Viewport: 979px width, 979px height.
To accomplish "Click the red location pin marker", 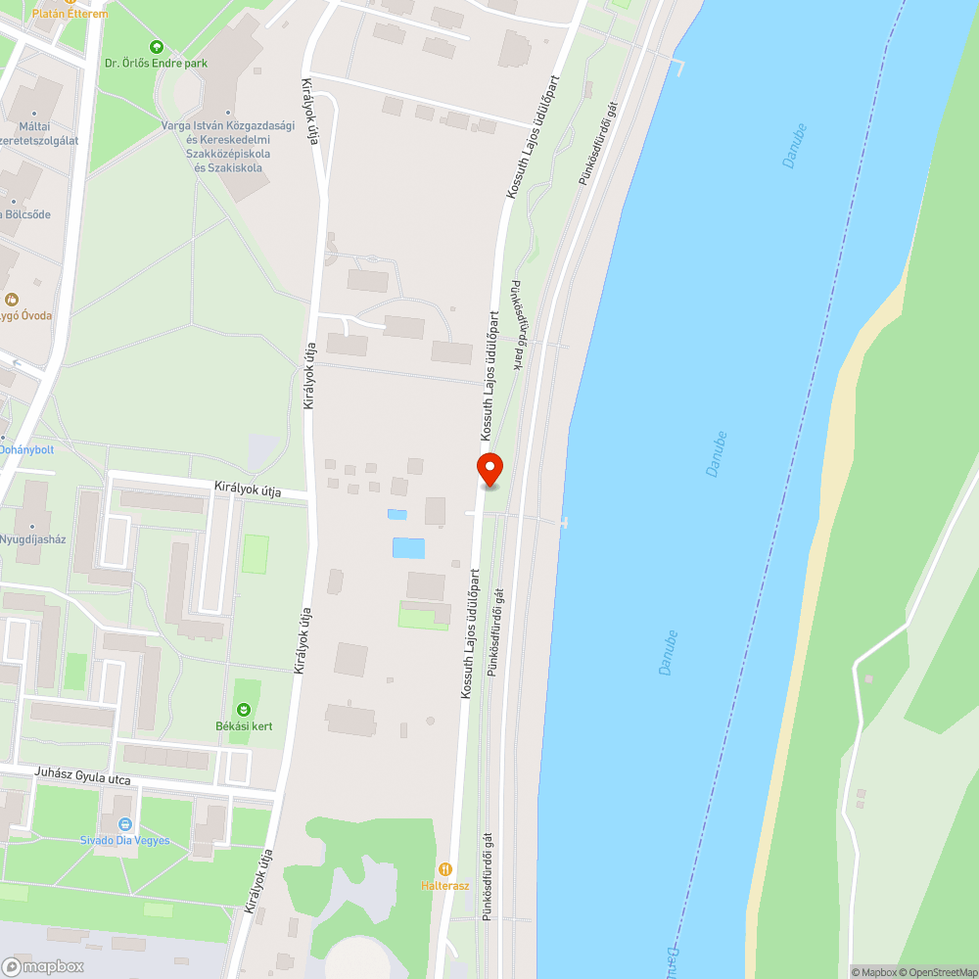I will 489,470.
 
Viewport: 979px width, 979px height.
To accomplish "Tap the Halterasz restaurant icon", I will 445,868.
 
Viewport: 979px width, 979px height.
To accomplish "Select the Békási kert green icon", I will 243,709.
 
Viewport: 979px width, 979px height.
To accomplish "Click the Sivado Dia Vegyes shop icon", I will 124,825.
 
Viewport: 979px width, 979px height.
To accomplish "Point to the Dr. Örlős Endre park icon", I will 156,46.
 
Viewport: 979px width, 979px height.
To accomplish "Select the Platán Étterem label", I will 70,14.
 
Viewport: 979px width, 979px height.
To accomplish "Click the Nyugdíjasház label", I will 31,538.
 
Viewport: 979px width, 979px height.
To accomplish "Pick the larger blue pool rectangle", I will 408,547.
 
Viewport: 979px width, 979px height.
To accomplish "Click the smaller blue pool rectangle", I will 396,514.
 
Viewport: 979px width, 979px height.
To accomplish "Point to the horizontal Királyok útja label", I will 248,489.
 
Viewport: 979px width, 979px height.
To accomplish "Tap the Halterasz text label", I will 445,886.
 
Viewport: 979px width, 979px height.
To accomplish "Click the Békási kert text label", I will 244,726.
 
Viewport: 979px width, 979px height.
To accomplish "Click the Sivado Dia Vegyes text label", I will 124,841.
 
